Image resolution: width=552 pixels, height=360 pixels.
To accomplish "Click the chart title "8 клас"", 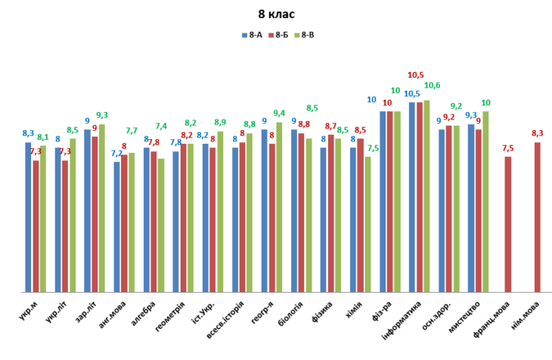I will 276,14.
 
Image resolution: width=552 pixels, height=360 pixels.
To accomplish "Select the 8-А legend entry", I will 252,35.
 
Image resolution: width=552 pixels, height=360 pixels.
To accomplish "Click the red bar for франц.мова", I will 508,224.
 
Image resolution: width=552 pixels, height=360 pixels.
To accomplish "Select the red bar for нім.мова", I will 538,217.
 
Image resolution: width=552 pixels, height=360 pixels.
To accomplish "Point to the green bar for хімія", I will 367,224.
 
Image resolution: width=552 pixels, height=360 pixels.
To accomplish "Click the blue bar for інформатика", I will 412,197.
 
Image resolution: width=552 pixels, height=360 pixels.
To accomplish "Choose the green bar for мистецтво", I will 485,201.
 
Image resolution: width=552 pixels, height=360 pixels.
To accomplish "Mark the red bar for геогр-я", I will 271,218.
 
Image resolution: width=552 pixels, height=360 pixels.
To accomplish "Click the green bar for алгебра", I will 161,225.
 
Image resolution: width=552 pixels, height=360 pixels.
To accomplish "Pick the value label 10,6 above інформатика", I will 432,85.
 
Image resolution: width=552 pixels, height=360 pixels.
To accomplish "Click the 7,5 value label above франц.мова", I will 508,148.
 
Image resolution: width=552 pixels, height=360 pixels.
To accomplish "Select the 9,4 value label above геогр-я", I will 279,113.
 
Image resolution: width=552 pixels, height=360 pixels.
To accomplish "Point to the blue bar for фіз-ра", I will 383,201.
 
